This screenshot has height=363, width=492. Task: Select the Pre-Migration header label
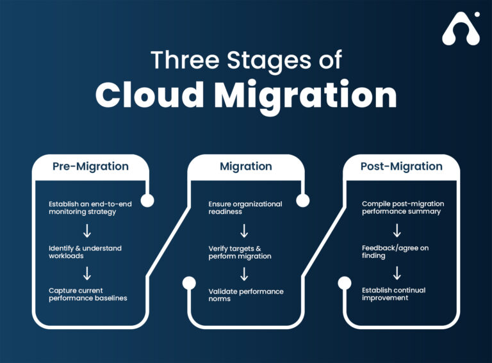tap(90, 166)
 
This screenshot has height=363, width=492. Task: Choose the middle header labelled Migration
tap(246, 166)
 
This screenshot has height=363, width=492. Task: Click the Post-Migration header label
tap(401, 166)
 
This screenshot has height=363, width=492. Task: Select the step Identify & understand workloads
tap(85, 252)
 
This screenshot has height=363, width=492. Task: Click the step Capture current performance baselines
tap(88, 294)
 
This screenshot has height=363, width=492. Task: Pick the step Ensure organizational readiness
tap(245, 208)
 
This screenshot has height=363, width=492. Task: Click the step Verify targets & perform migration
tap(240, 252)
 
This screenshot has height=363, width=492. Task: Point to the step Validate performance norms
tap(245, 294)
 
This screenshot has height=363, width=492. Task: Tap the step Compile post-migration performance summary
tap(402, 208)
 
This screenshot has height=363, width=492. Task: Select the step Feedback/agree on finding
tap(395, 252)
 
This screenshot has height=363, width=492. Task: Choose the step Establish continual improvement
tap(393, 294)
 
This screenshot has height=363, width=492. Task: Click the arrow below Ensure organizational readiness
tap(244, 230)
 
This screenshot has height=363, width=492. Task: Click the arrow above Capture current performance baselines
tap(87, 273)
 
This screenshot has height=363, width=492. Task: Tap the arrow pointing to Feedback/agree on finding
tap(397, 230)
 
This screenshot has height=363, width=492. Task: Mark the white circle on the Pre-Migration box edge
tap(147, 200)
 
